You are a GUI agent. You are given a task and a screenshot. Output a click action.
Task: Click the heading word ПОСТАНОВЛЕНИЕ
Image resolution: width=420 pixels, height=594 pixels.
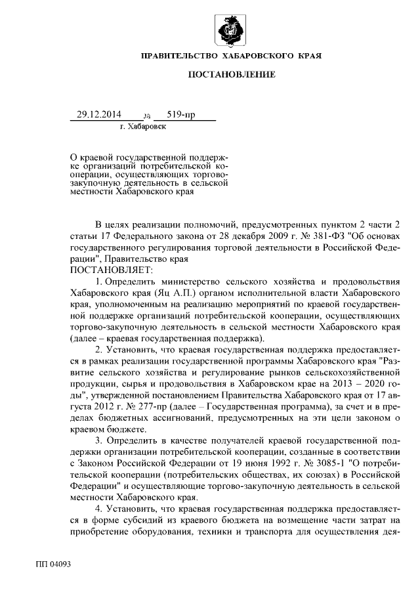(x=231, y=74)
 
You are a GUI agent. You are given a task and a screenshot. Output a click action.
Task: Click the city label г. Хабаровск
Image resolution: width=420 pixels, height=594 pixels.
(x=143, y=125)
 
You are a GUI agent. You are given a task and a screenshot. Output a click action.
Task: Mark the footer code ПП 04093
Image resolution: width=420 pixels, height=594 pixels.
(x=53, y=564)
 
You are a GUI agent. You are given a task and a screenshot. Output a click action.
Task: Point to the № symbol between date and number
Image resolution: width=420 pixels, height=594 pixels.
(x=146, y=116)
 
